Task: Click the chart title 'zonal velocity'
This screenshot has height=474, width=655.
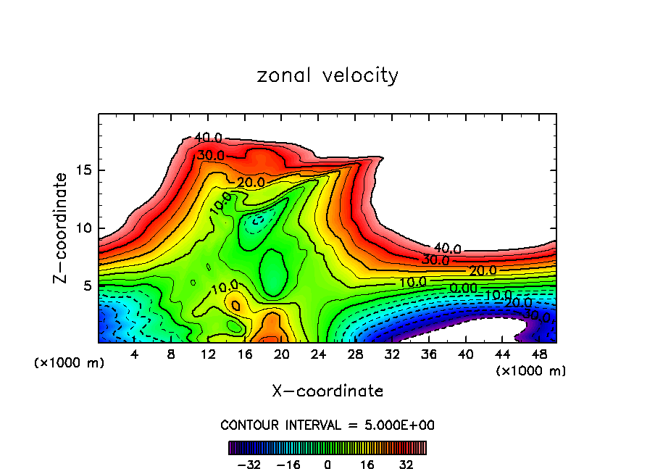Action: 327,75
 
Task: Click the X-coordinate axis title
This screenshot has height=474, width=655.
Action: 327,391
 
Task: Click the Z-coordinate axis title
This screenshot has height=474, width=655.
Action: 62,228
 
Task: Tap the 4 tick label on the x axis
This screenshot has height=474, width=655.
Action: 135,354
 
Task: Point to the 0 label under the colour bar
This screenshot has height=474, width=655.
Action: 327,464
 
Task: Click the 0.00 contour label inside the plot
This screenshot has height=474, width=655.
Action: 463,288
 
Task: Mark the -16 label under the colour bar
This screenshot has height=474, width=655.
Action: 289,464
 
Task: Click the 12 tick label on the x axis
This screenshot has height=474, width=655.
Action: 208,354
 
